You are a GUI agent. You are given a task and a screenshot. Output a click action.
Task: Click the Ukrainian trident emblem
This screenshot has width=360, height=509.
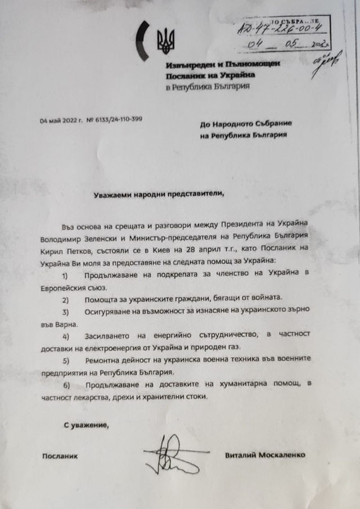click(165, 40)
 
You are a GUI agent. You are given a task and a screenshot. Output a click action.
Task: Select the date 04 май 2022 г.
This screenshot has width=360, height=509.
click(61, 120)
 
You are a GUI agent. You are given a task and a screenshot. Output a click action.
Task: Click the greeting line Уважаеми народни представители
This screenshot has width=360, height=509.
click(157, 194)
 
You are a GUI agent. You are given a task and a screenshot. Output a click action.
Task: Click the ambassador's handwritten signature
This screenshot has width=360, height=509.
click(171, 453)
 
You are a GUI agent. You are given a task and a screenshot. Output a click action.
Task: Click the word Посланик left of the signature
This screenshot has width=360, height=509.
click(60, 455)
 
